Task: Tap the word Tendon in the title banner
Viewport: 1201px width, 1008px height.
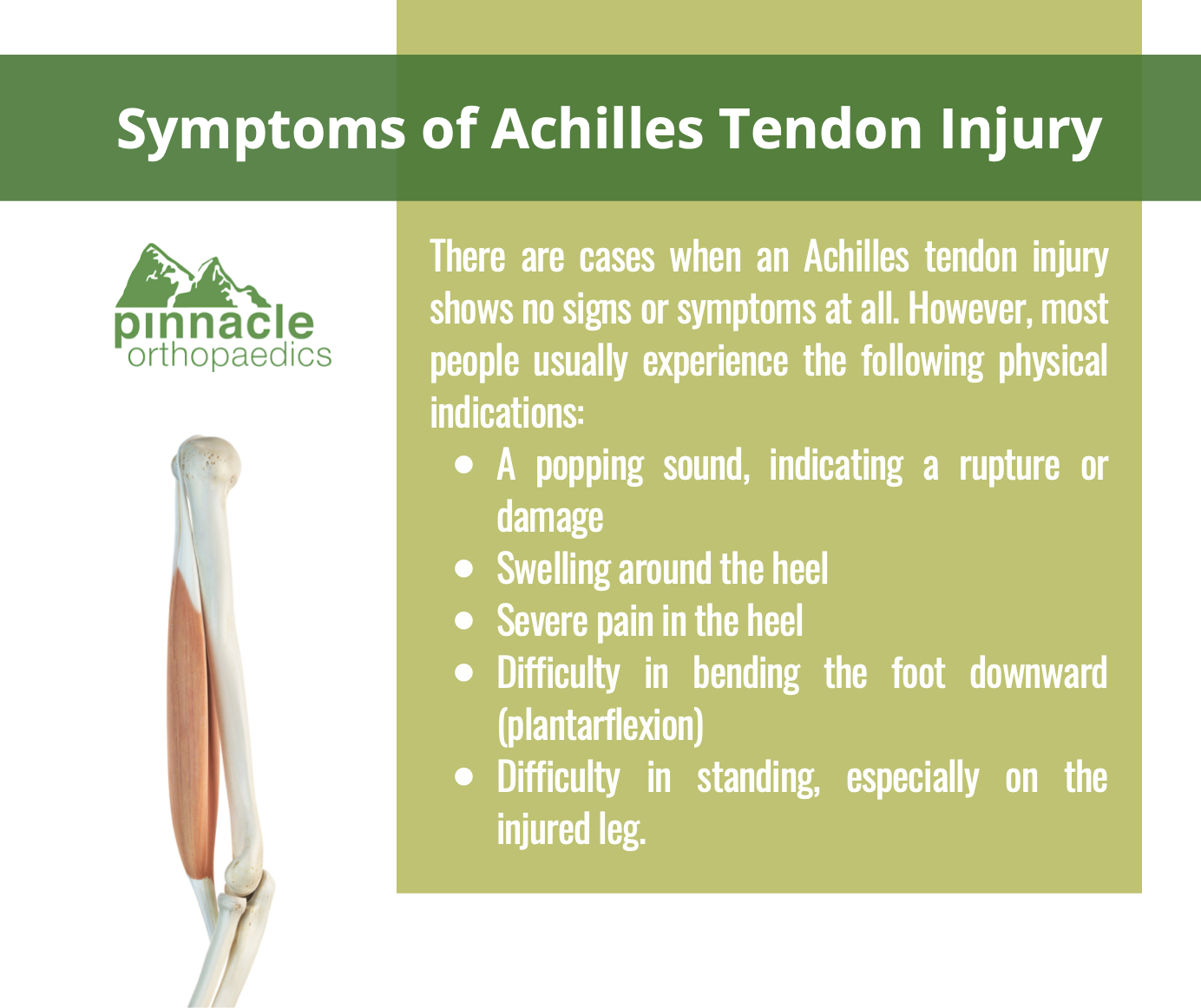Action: click(820, 128)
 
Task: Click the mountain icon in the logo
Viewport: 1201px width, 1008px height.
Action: click(192, 276)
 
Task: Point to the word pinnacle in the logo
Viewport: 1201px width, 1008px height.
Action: click(214, 326)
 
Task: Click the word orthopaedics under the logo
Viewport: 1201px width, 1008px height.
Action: click(229, 357)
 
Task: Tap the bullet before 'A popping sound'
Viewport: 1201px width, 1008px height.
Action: click(463, 465)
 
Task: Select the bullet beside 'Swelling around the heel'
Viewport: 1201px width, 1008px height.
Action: click(463, 569)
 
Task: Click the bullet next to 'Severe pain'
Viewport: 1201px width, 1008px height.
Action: click(463, 621)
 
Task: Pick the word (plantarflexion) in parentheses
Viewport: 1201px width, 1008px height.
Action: click(600, 726)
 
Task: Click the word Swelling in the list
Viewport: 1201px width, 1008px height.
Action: click(554, 570)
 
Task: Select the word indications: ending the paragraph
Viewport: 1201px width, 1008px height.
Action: click(507, 412)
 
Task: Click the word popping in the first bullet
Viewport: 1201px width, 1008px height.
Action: click(590, 467)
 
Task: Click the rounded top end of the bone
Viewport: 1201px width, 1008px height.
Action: click(208, 458)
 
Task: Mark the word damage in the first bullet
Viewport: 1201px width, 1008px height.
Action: click(550, 519)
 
